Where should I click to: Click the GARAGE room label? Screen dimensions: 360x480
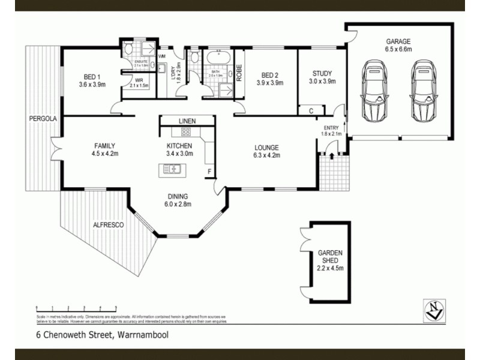(398, 41)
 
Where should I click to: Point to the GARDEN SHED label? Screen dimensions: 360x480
(329, 257)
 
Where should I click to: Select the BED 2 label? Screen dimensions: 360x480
(268, 75)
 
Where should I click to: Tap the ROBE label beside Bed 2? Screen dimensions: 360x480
(238, 73)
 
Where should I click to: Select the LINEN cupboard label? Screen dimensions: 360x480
(187, 121)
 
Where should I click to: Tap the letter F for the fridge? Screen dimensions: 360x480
(209, 172)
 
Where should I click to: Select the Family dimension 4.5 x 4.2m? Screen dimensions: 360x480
(104, 154)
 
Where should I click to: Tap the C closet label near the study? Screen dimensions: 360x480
(311, 110)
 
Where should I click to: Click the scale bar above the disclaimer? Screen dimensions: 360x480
(76, 308)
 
